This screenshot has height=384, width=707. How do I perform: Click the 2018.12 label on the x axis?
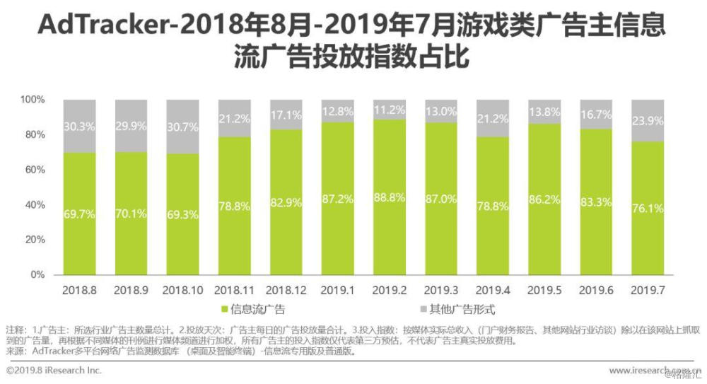pos(286,291)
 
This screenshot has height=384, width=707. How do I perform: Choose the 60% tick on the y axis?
pos(33,170)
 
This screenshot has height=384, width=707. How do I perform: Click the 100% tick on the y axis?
pos(31,100)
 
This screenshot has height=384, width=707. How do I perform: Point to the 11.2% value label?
pos(390,110)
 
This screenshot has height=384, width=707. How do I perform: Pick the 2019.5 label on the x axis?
pos(544,291)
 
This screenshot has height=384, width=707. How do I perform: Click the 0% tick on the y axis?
pos(35,274)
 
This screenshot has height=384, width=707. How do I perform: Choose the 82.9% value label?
pos(286,203)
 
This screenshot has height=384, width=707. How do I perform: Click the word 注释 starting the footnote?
pos(14,330)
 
